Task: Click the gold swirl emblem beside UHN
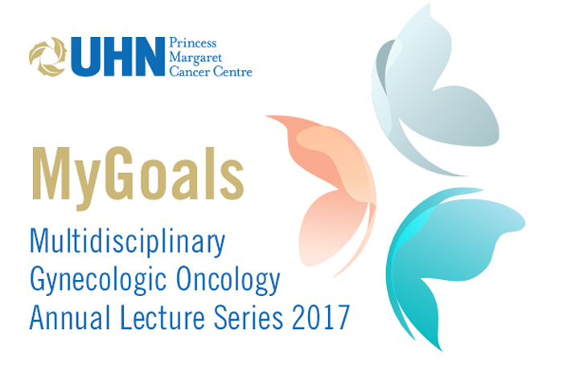point(47,57)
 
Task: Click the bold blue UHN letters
point(118,57)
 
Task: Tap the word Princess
point(193,43)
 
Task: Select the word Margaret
point(195,57)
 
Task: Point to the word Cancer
point(189,72)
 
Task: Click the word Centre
point(232,72)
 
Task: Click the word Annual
point(70,317)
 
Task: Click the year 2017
point(321,317)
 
